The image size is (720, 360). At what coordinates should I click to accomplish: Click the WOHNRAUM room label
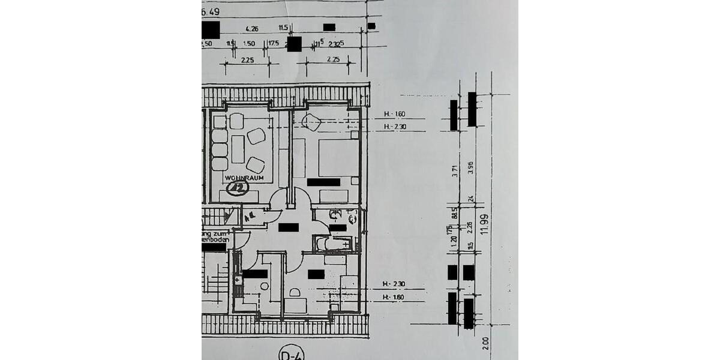(241, 178)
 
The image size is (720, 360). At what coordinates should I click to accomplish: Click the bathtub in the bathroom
(333, 244)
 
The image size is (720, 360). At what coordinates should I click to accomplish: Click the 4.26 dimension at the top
(252, 28)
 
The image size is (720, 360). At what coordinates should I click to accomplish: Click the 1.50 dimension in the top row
(250, 44)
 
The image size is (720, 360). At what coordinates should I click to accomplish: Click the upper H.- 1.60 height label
(395, 114)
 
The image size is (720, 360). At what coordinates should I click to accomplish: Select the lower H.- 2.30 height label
(395, 284)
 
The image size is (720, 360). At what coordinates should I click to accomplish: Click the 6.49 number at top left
(212, 11)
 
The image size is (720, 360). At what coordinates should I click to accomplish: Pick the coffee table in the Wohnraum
(238, 149)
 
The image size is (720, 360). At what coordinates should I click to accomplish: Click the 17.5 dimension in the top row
(273, 44)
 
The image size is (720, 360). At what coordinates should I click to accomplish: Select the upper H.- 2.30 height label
(395, 126)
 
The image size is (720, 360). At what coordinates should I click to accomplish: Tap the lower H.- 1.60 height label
(395, 297)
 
